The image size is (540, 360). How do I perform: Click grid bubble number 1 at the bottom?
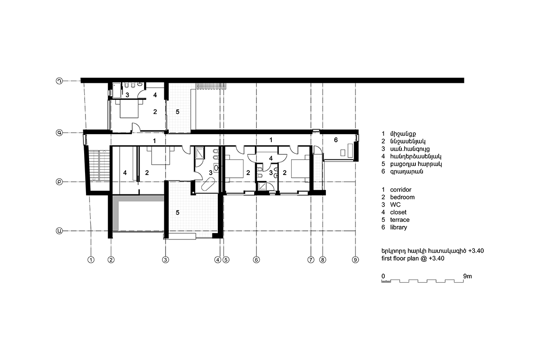[x=91, y=260]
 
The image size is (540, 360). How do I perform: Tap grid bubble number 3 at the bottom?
[x=166, y=260]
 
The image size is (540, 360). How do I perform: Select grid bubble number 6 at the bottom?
[x=256, y=260]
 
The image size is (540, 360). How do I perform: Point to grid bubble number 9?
[x=355, y=260]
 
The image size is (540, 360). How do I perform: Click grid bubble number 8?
[x=323, y=260]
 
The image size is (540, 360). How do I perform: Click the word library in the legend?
[x=399, y=227]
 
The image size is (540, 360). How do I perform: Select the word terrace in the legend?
[x=400, y=220]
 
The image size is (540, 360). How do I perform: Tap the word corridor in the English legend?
[x=400, y=189]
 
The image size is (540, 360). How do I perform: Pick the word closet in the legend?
[x=398, y=212]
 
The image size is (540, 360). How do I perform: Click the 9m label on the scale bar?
[x=468, y=276]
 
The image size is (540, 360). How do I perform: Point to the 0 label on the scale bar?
[x=383, y=276]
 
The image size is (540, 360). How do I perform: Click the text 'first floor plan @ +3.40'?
[x=413, y=258]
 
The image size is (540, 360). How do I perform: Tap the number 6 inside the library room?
[x=336, y=140]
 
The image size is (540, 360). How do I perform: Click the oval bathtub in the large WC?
[x=208, y=184]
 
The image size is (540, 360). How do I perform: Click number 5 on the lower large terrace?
[x=178, y=212]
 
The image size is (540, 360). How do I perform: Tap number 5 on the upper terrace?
[x=178, y=112]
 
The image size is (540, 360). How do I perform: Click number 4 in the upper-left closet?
[x=155, y=95]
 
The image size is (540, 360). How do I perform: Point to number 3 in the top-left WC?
[x=127, y=95]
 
